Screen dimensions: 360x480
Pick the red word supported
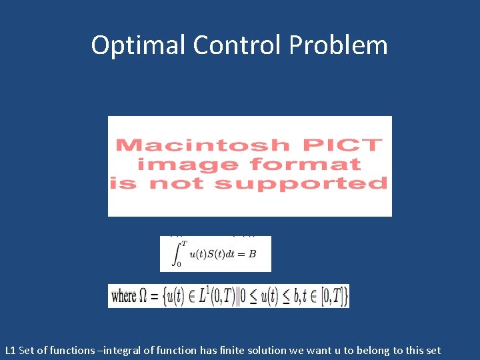[301, 183]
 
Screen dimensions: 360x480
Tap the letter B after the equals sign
[252, 254]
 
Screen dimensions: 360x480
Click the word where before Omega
[124, 296]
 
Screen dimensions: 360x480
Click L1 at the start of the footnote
[10, 350]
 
